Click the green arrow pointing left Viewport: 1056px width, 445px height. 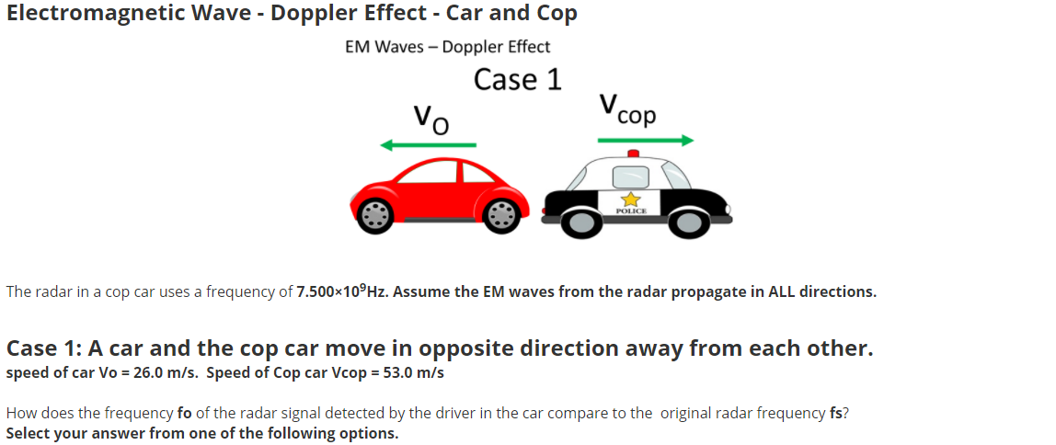429,144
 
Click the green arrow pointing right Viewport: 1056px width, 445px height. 645,140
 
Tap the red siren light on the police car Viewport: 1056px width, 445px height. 632,154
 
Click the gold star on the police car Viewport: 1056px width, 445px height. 631,199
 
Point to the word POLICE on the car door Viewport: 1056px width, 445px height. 631,211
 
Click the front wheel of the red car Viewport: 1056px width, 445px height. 375,215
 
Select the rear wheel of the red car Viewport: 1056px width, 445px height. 501,215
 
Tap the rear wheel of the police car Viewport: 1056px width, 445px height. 577,221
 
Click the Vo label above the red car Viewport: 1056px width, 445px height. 431,120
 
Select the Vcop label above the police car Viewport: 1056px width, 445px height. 627,109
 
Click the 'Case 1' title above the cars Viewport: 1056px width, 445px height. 517,79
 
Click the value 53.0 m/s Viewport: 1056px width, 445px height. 414,373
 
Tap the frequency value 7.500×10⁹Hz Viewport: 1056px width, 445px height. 342,291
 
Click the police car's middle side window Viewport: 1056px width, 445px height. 630,177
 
